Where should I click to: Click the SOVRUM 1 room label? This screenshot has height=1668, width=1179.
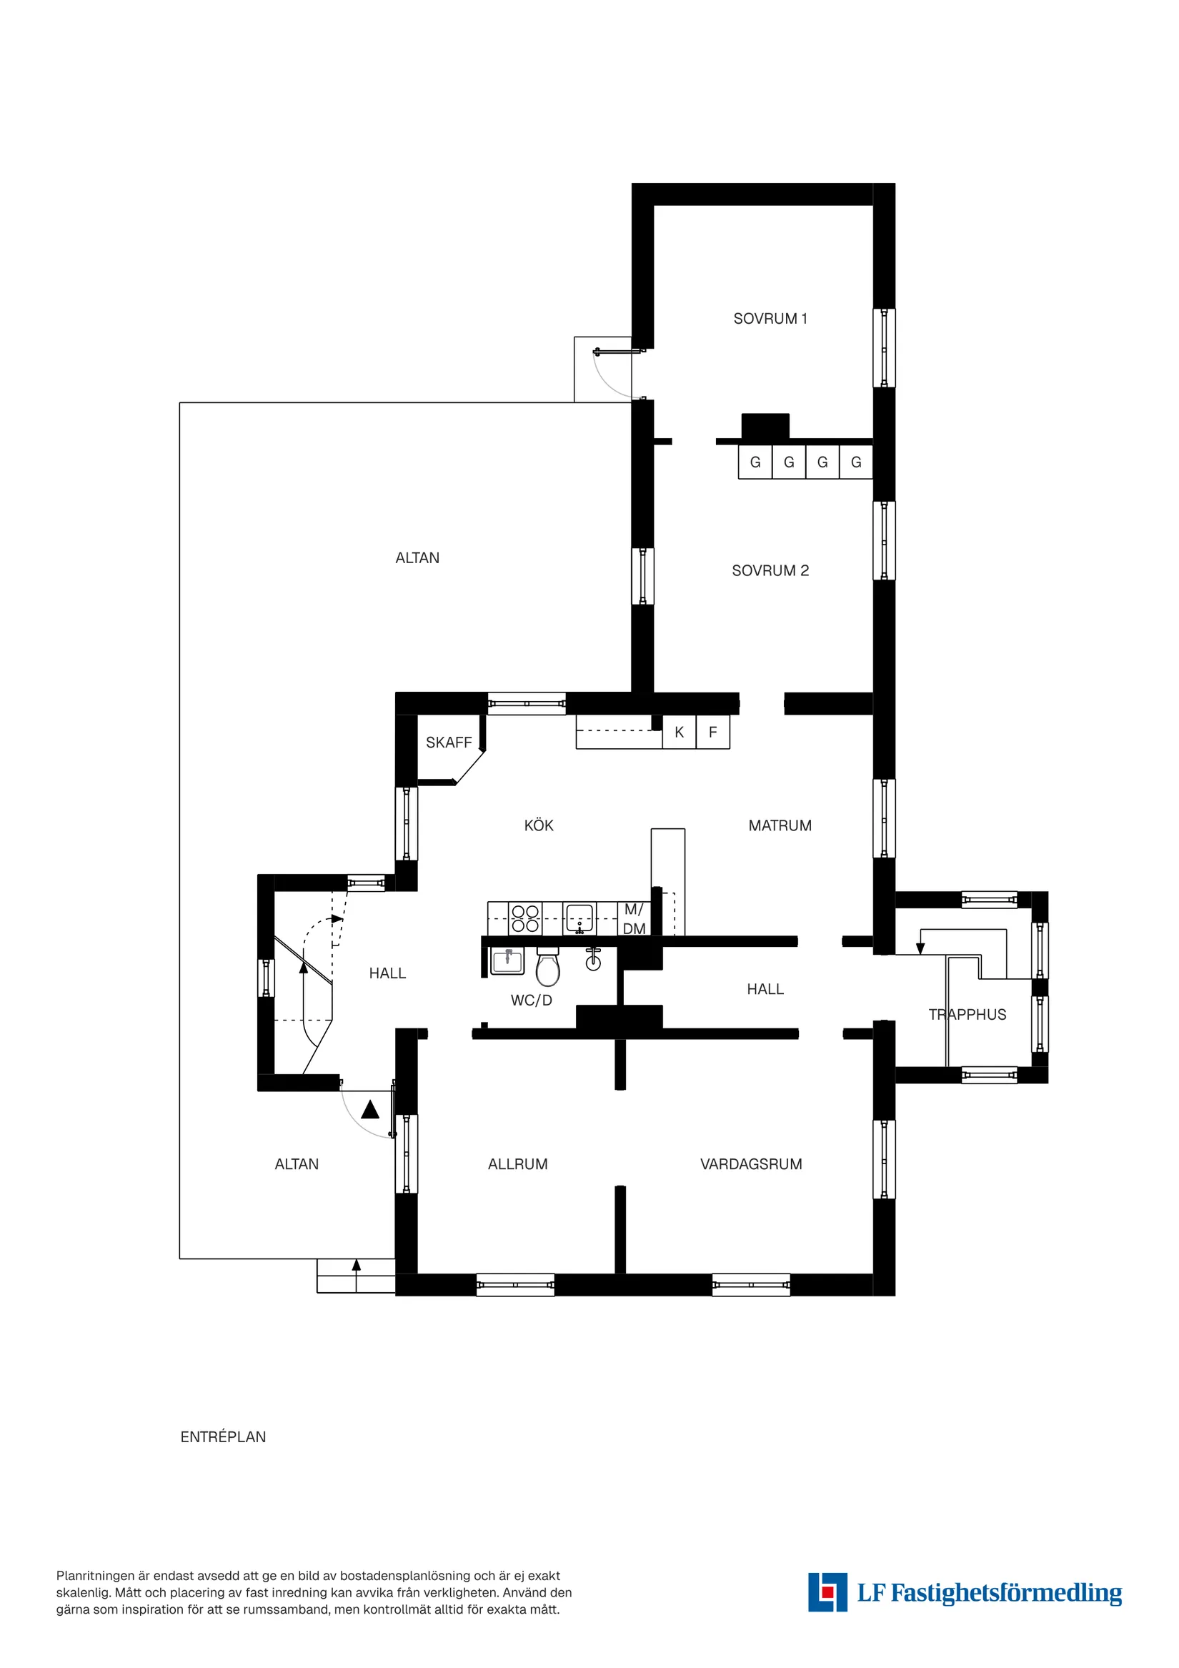point(770,318)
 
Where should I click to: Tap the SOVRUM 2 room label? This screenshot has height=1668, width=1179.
point(770,570)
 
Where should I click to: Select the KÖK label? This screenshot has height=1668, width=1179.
point(538,825)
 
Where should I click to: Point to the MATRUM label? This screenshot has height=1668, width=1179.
point(780,825)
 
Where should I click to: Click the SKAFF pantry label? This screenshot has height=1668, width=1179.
point(448,743)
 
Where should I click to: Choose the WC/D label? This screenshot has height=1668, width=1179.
point(531,1001)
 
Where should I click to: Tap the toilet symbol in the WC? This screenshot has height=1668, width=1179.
point(548,968)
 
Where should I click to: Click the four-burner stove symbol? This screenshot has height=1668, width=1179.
point(525,918)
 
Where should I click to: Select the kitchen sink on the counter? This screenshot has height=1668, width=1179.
point(579,918)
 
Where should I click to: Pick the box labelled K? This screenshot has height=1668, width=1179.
point(680,733)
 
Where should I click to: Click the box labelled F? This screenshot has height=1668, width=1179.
point(712,733)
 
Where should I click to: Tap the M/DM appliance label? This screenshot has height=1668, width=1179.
point(634,919)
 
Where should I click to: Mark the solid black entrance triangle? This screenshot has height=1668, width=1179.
point(369,1109)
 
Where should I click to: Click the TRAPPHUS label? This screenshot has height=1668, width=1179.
point(967,1015)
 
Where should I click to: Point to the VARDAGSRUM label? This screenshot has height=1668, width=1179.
point(750,1164)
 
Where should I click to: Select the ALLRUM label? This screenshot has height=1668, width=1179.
point(517,1164)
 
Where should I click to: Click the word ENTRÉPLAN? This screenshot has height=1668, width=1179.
point(223,1437)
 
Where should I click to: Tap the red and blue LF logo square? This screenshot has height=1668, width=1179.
point(827,1592)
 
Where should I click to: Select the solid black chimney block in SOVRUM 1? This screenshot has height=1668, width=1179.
point(765,427)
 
